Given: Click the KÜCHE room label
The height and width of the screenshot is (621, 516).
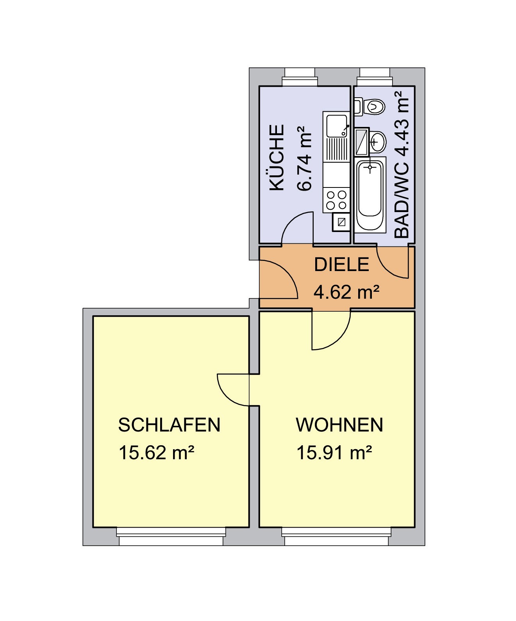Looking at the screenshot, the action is pos(277,157).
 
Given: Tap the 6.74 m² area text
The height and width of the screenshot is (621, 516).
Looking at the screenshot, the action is pos(304,158).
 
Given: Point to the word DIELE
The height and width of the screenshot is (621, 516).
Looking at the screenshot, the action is pos(341,264).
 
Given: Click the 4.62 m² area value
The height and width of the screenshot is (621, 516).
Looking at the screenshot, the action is pos(346,292).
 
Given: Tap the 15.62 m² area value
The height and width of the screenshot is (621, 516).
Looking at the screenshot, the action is pos(156,453).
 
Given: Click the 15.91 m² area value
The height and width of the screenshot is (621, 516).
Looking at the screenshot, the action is pos(334,453).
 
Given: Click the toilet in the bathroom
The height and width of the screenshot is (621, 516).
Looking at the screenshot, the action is pos(370,107).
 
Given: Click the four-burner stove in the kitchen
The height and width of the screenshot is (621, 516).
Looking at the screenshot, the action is pos(336,200).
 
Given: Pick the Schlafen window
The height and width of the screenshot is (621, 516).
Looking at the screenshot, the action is pos(171,536).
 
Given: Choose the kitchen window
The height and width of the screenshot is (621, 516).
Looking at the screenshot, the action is pos(300,77).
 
